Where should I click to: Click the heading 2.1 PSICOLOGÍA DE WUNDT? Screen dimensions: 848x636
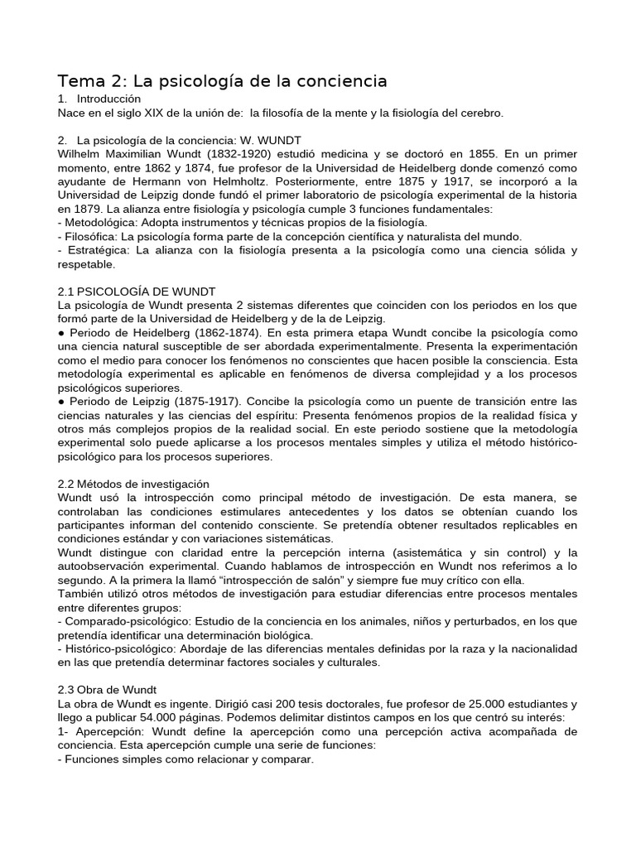pyautogui.click(x=137, y=291)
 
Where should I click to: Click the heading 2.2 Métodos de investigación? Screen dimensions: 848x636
pyautogui.click(x=133, y=483)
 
